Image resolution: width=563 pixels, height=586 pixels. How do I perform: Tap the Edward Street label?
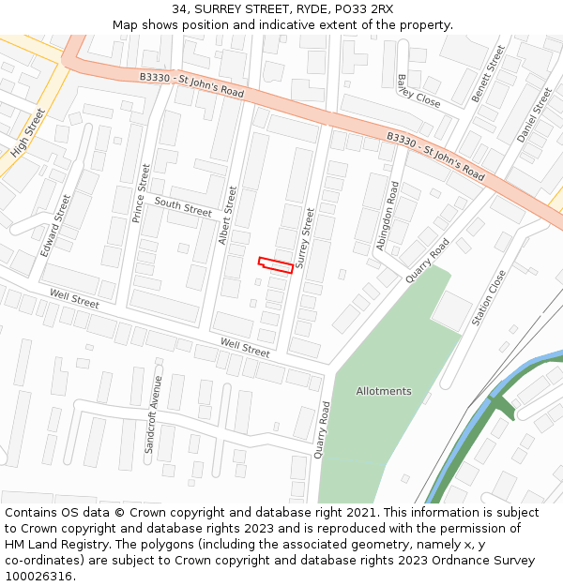click(56, 225)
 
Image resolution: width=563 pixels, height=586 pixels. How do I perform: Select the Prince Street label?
click(141, 194)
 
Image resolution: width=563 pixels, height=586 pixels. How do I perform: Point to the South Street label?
click(183, 207)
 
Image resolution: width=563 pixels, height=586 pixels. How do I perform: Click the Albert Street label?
click(227, 216)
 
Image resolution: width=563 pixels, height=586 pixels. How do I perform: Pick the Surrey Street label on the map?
click(305, 239)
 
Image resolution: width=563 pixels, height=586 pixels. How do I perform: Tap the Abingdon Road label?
click(388, 215)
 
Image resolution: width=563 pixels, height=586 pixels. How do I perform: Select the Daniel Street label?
click(535, 115)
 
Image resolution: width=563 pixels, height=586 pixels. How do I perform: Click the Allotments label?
click(384, 391)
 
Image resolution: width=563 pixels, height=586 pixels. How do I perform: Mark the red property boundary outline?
click(276, 265)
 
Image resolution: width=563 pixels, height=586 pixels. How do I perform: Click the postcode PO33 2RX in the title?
click(361, 9)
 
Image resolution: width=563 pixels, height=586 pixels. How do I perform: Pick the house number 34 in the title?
click(179, 9)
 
